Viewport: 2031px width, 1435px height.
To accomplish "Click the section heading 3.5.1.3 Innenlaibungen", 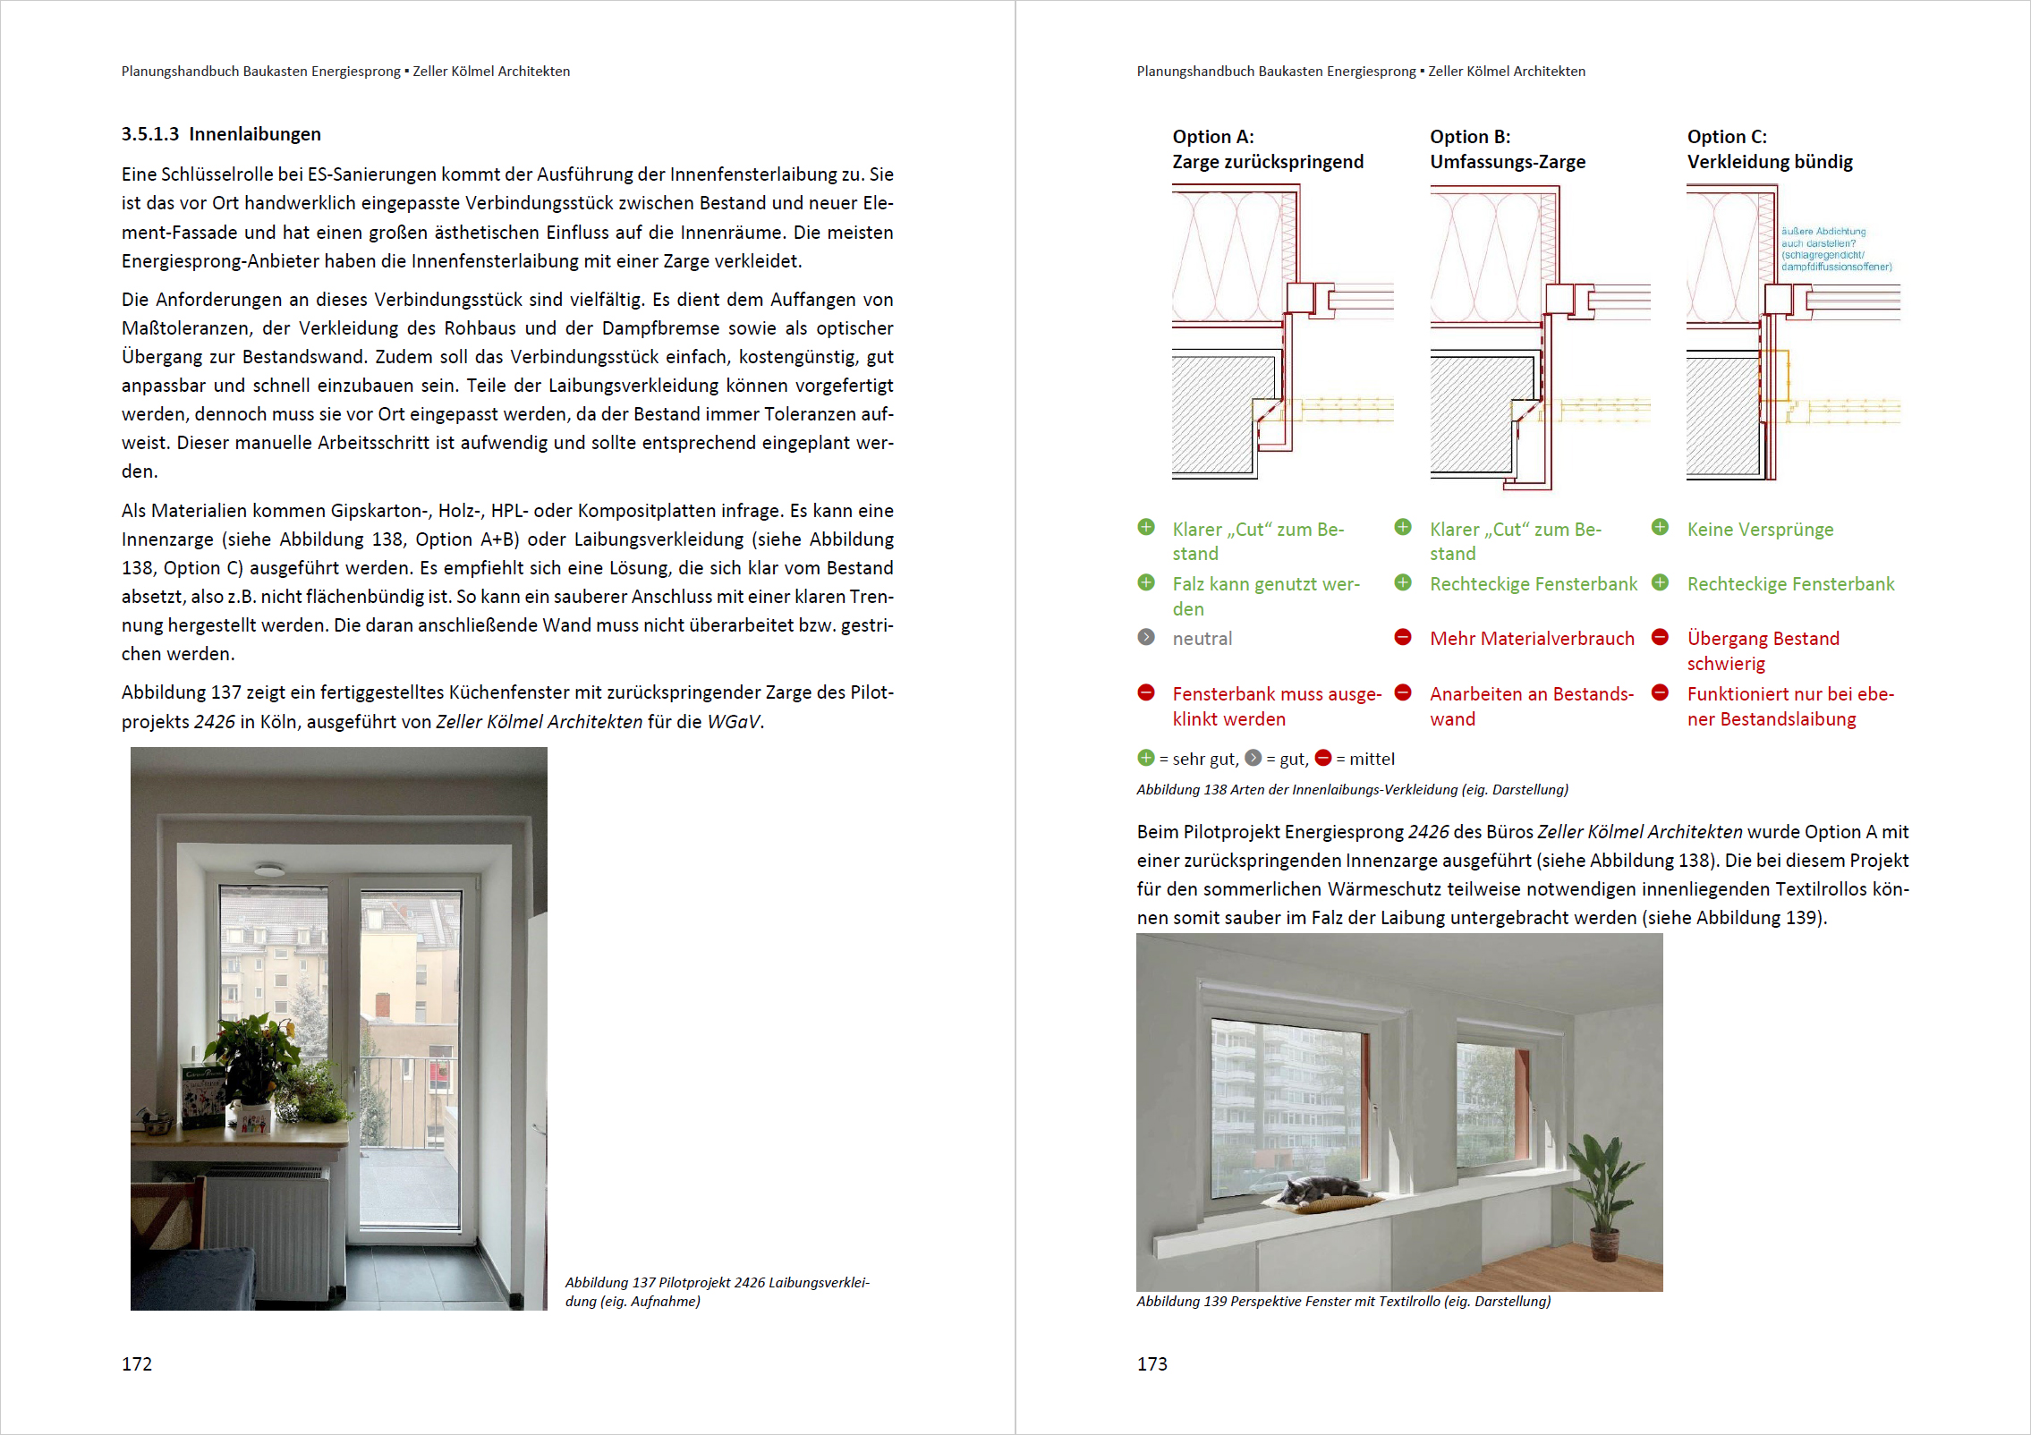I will (x=221, y=134).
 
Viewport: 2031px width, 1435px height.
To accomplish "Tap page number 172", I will (x=137, y=1363).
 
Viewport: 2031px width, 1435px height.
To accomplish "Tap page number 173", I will (x=1151, y=1363).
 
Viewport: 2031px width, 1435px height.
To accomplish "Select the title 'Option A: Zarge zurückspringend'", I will (x=1268, y=149).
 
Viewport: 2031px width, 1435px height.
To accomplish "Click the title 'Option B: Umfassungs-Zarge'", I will (x=1507, y=149).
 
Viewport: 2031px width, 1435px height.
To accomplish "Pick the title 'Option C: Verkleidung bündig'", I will (x=1769, y=149).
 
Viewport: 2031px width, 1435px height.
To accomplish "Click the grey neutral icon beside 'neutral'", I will (x=1146, y=637).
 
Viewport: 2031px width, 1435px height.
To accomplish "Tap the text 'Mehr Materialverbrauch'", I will (x=1532, y=639).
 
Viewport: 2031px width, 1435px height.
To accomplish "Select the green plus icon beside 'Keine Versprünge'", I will (x=1660, y=527).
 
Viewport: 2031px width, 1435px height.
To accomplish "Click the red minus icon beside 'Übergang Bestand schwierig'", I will (x=1660, y=637).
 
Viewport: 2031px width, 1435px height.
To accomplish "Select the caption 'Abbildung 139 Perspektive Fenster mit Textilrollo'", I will (x=1343, y=1301).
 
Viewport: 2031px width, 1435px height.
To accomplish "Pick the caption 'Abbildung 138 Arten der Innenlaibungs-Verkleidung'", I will (x=1351, y=789).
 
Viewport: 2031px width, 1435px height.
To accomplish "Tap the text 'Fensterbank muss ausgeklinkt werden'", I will (x=1276, y=706).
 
